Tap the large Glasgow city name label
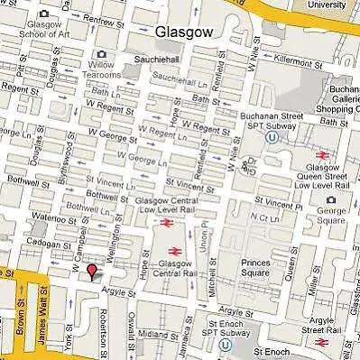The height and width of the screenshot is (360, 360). click(x=185, y=33)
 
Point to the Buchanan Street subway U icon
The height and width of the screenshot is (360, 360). click(x=271, y=138)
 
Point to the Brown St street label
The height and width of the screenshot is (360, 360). click(x=20, y=320)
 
